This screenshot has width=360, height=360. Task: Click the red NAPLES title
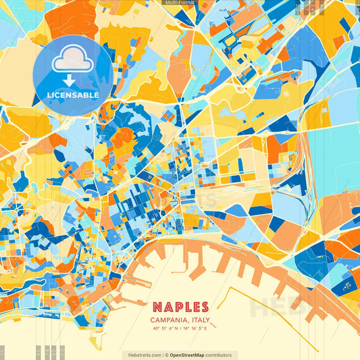180,307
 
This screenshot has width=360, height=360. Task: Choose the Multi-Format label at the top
180,3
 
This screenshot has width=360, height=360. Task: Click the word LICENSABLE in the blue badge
73,95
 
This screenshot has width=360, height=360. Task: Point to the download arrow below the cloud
72,79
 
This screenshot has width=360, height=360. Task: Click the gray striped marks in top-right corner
314,7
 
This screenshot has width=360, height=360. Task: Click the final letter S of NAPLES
204,307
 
